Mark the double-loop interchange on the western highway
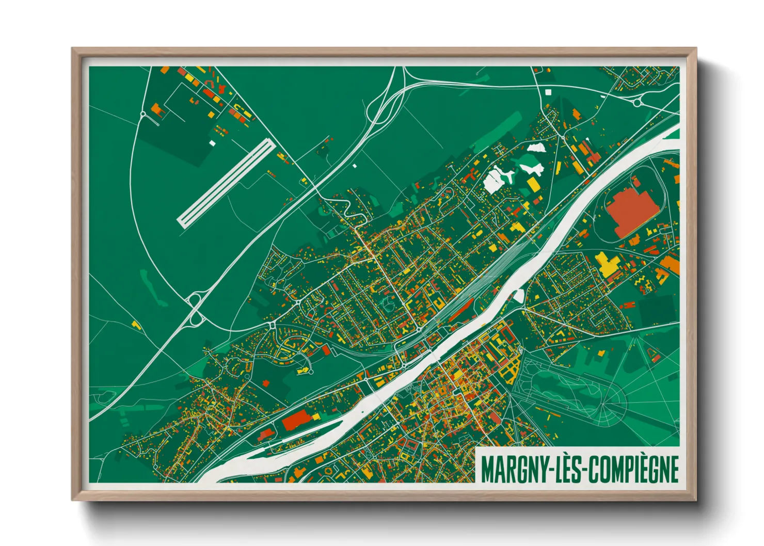tap(195, 310)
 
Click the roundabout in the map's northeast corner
tap(637, 102)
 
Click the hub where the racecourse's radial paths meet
tap(604, 408)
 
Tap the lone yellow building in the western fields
tap(136, 325)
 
